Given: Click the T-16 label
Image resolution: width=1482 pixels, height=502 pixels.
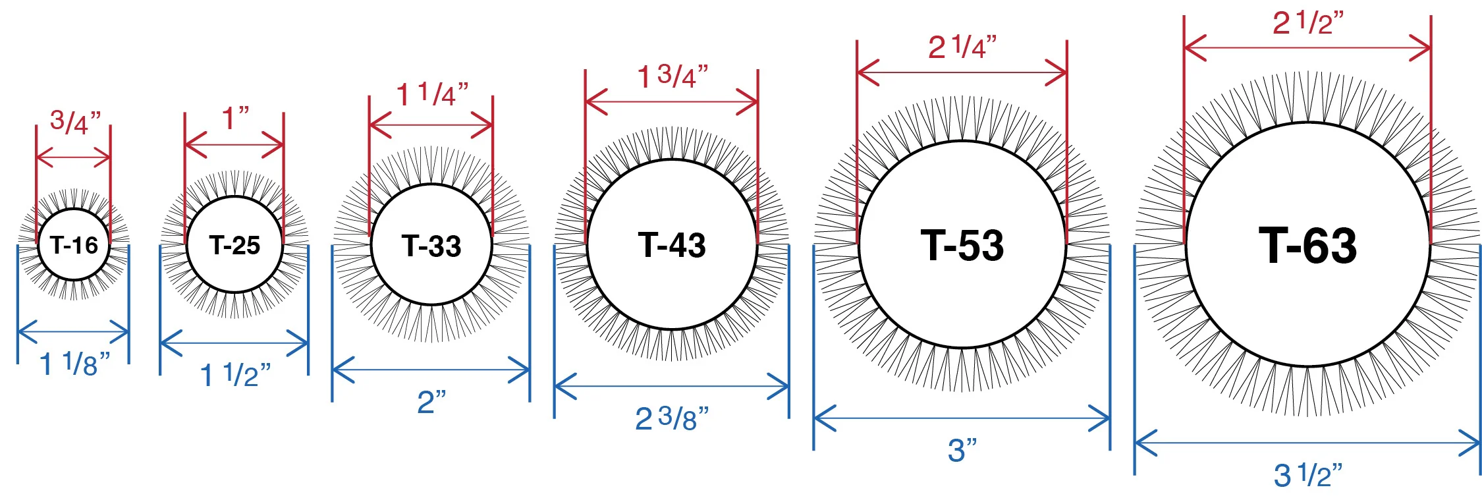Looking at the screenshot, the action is point(74,245).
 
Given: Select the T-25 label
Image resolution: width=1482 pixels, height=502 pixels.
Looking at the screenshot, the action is point(234,245).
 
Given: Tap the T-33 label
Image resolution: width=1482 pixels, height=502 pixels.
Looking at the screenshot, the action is point(431,246).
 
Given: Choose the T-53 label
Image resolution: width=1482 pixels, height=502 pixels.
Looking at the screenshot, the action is point(962,245).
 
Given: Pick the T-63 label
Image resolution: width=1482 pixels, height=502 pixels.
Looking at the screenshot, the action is point(1308,245).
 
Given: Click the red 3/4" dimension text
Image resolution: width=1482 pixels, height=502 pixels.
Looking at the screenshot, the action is point(75,122).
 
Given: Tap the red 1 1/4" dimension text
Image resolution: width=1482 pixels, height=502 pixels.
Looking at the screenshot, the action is point(432,94).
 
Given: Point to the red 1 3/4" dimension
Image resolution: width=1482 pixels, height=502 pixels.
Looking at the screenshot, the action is point(672,76).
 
